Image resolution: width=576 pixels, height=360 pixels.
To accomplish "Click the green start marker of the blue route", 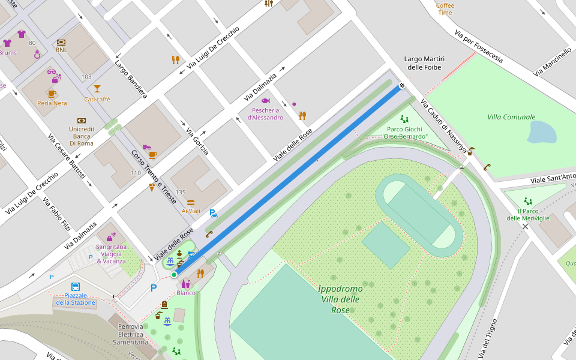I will tap(174, 275).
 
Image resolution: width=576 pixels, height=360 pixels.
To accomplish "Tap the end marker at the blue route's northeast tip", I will tap(401, 86).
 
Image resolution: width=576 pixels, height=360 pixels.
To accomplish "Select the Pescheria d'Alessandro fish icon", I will tap(266, 101).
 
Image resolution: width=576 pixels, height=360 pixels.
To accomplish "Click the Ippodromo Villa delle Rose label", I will tap(340, 299).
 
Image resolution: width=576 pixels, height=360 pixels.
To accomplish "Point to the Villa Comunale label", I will tap(511, 117).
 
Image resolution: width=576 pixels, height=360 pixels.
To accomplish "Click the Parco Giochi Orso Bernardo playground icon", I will tap(404, 119).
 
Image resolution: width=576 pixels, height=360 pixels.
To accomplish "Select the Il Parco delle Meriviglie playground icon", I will tap(528, 201).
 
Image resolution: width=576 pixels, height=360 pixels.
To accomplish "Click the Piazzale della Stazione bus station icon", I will tap(76, 287).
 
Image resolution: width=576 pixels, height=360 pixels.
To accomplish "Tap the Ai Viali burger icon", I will tap(191, 202).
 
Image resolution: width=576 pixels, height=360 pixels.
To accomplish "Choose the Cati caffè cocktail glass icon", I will tap(97, 89).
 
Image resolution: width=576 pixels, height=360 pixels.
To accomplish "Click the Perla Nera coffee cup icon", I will tap(52, 93).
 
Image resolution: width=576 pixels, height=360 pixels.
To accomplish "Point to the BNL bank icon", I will tap(61, 42).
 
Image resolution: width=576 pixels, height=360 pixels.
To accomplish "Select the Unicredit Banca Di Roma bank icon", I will tap(82, 121).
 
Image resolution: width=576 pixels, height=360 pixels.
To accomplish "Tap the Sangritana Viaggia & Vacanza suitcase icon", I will tap(111, 236).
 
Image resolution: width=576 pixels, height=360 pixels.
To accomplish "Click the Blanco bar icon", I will tap(186, 283).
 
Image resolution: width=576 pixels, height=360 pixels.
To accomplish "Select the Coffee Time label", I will tap(445, 9).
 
